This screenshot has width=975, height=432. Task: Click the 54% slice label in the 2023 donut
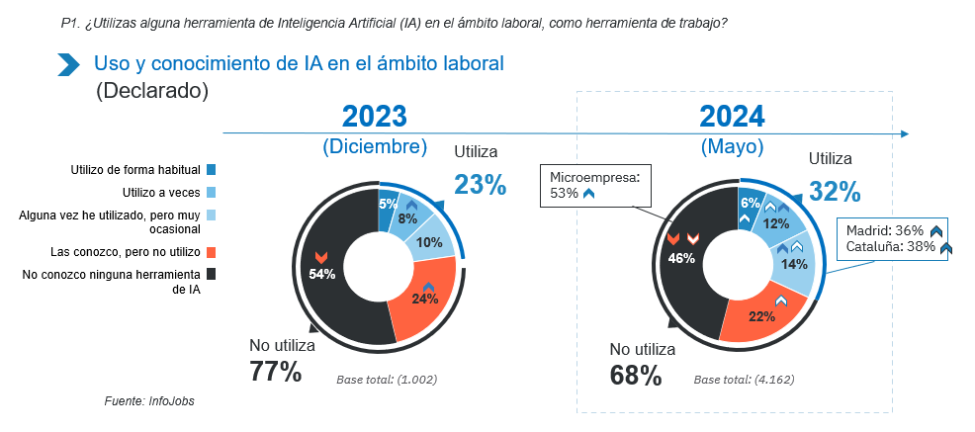pos(322,274)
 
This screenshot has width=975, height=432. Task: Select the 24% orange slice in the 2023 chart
pos(425,298)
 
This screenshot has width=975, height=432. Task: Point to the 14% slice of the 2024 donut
pos(794,264)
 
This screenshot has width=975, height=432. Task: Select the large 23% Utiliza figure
pos(480,184)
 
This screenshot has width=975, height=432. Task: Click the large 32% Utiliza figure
pos(835,190)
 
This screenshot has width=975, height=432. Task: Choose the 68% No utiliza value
pos(635,375)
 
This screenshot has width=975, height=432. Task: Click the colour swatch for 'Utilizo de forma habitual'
pos(212,170)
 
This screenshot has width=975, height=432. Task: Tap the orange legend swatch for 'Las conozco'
pos(212,251)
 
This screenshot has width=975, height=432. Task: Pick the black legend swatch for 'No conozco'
pos(212,274)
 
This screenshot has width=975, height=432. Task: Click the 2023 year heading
pos(374,116)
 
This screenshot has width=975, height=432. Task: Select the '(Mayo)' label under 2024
pos(732,146)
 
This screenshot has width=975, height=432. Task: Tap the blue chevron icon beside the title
pos(68,65)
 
